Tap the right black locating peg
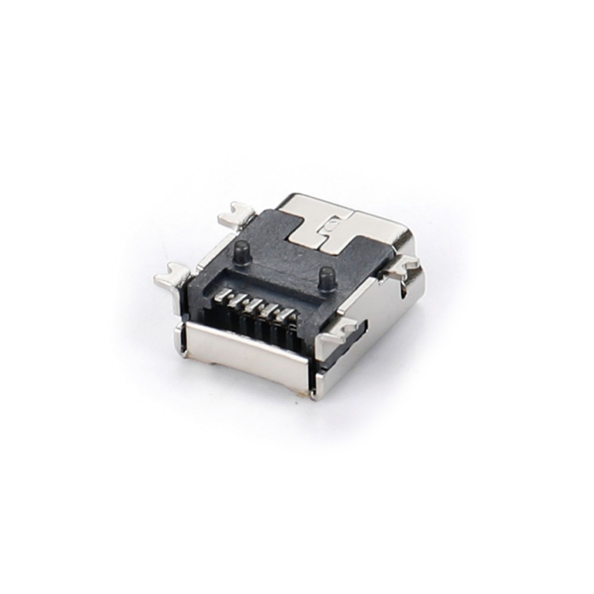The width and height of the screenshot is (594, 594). click(x=324, y=277)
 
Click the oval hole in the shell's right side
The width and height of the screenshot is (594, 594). click(x=405, y=289)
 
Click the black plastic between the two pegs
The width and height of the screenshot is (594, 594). click(x=279, y=261)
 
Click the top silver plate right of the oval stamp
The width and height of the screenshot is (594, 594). click(x=368, y=229)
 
